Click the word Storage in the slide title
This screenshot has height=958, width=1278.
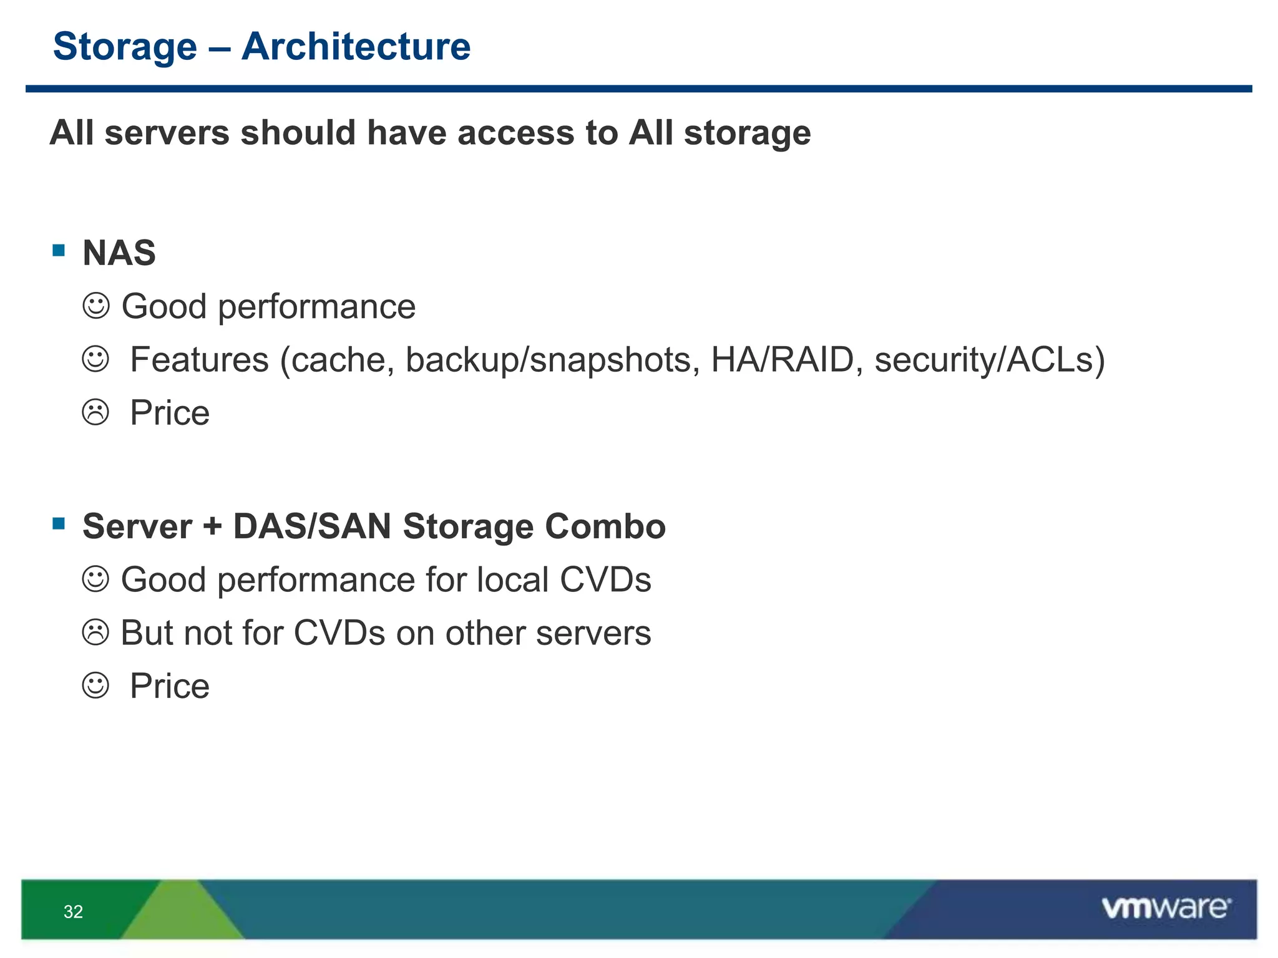(x=125, y=47)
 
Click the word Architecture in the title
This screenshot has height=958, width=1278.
(x=356, y=47)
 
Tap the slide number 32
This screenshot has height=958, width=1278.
(x=73, y=912)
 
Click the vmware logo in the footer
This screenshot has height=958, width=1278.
(x=1166, y=907)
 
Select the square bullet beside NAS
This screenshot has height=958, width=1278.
(x=59, y=251)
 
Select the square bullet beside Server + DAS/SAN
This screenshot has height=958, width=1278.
(x=59, y=523)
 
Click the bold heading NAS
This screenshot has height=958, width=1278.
(x=119, y=253)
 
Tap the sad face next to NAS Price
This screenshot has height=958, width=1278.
(x=95, y=412)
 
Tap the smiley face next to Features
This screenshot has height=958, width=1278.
(x=95, y=359)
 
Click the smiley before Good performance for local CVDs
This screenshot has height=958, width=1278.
(x=95, y=579)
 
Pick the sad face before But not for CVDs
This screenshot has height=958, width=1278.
(x=95, y=632)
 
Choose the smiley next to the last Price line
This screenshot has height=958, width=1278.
(x=95, y=685)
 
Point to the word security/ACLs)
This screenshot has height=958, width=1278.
(x=990, y=360)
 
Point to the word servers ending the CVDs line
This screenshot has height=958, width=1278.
(x=593, y=632)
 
